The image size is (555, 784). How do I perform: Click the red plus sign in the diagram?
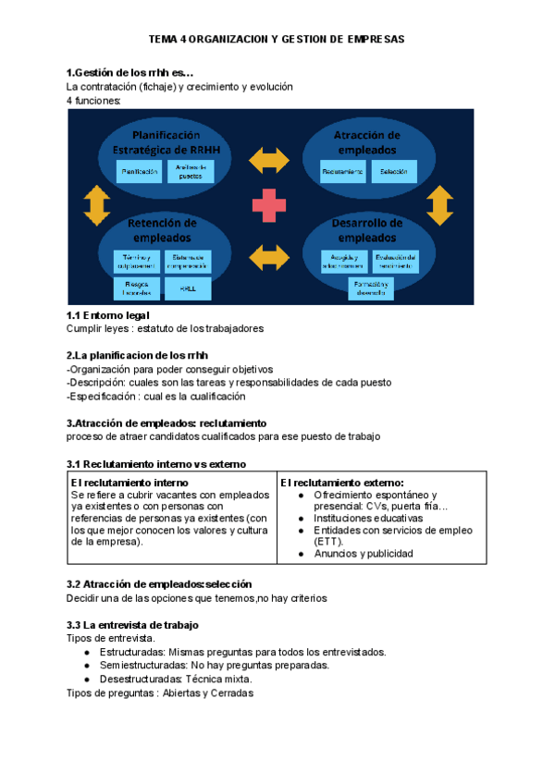pos(270,204)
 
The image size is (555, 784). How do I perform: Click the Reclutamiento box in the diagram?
pos(343,171)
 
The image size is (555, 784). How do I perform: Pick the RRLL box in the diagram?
pos(189,288)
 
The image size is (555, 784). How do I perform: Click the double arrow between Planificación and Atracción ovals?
pos(270,159)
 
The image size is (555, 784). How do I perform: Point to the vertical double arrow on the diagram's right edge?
pos(440,205)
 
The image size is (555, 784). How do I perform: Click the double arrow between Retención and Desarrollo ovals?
pos(270,257)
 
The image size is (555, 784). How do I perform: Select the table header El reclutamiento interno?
pos(129,483)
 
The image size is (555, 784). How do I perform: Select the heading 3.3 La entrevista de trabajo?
pos(132,625)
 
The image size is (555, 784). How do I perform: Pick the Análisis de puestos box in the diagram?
pos(189,171)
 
